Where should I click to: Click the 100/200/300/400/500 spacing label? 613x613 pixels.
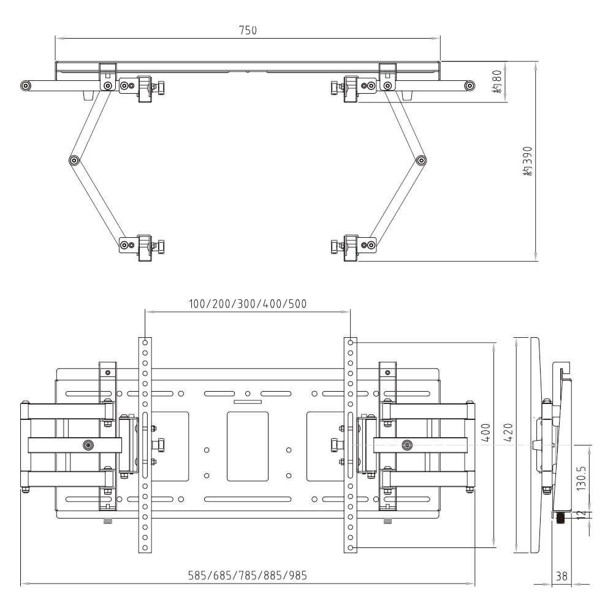[x=248, y=303]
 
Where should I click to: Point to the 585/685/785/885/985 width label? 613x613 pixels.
[x=248, y=576]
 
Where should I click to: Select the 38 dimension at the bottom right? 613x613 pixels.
[x=562, y=576]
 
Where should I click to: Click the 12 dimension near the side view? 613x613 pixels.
[x=582, y=514]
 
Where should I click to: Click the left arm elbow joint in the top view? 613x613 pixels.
[x=74, y=161]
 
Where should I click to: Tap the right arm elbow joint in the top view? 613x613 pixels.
[x=421, y=161]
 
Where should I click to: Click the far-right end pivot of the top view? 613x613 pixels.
[x=469, y=85]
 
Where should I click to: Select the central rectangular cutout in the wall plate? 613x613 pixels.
[x=248, y=446]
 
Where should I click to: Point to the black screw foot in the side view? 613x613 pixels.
[x=560, y=518]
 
